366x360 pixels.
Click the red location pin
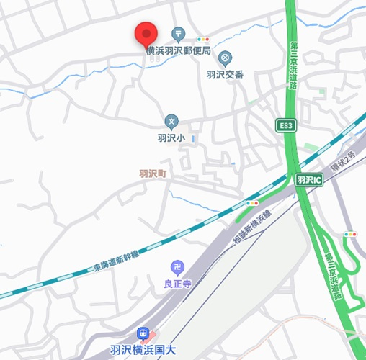click(147, 34)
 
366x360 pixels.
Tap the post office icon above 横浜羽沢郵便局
click(179, 34)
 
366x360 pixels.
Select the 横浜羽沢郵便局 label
click(178, 50)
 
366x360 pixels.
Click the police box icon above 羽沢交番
click(225, 57)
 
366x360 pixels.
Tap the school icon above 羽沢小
click(171, 121)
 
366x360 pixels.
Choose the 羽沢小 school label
click(171, 137)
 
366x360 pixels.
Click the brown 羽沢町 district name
click(153, 173)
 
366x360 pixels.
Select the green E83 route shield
click(286, 126)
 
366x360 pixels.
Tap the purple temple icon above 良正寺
click(177, 268)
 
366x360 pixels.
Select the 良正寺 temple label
click(177, 284)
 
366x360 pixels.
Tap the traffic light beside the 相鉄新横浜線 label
click(252, 204)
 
